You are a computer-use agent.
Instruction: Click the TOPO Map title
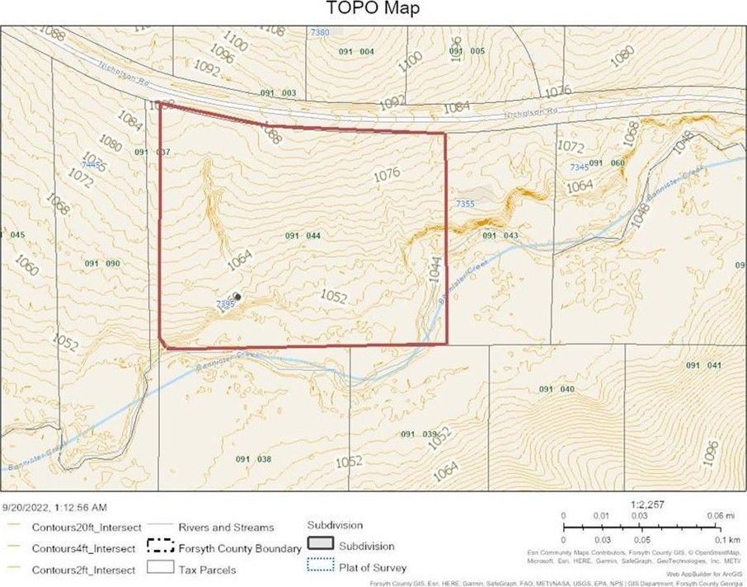(373, 9)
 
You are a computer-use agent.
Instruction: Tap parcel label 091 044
(303, 236)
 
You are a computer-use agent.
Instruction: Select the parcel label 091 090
(103, 264)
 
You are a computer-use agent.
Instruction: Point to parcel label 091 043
(500, 236)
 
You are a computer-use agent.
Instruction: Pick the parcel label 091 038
(253, 459)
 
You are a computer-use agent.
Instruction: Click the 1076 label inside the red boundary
(386, 174)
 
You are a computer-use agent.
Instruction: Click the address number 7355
(465, 203)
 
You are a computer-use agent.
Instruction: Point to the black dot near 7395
(237, 296)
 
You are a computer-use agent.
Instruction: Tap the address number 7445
(92, 165)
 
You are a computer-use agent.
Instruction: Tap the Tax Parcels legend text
(207, 569)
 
